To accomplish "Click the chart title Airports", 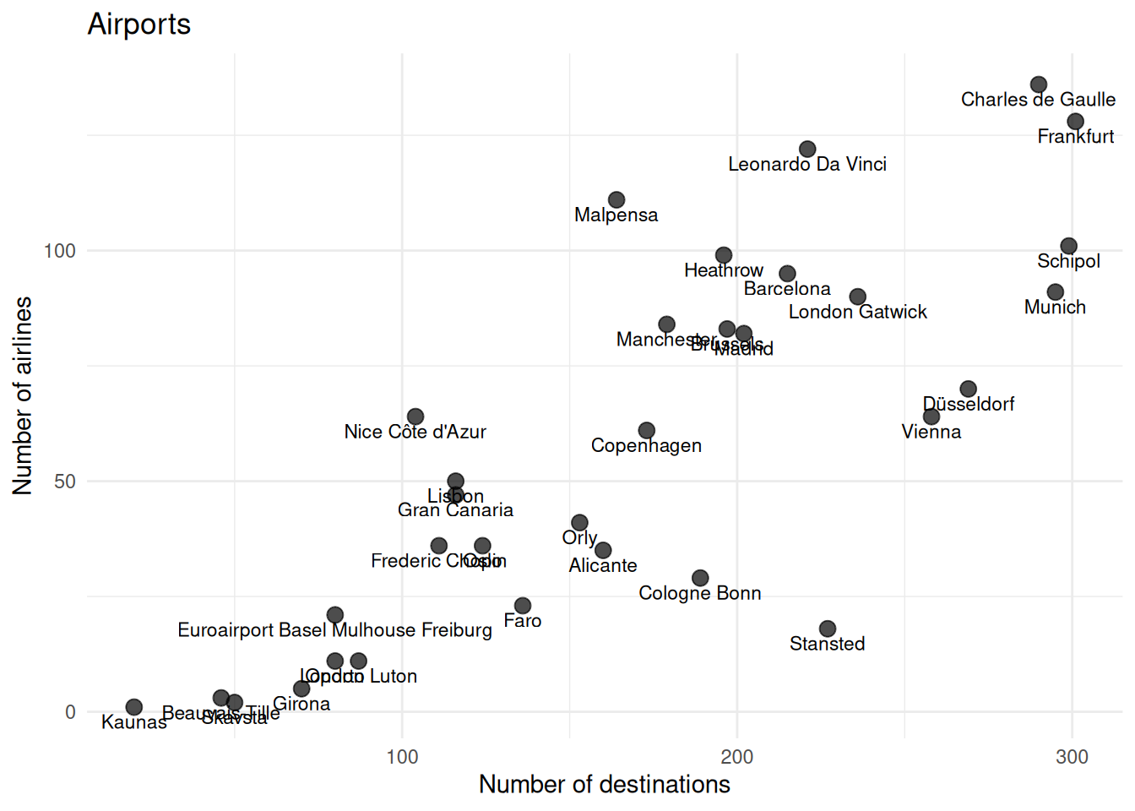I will point(139,24).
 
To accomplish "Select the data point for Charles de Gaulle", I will point(1039,84).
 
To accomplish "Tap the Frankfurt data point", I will point(1075,122).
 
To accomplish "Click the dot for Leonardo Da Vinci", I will point(807,150).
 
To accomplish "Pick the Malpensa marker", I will point(616,200).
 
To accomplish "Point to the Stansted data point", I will point(828,629).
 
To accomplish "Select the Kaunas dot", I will point(134,707).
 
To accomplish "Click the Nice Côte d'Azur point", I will point(415,416).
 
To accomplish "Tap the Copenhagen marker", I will point(646,431).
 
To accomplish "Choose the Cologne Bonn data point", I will point(700,578).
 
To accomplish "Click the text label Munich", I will point(1055,308).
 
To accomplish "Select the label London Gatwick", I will point(857,313).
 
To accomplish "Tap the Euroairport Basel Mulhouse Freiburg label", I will point(334,630).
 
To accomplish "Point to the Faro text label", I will point(523,621).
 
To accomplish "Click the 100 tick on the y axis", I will point(60,251).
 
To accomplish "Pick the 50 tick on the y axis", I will point(65,482).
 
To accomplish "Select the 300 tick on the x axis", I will point(1072,757).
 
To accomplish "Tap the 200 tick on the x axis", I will point(737,757).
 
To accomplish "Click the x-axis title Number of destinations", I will point(604,785).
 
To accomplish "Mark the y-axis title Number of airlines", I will point(23,395).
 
